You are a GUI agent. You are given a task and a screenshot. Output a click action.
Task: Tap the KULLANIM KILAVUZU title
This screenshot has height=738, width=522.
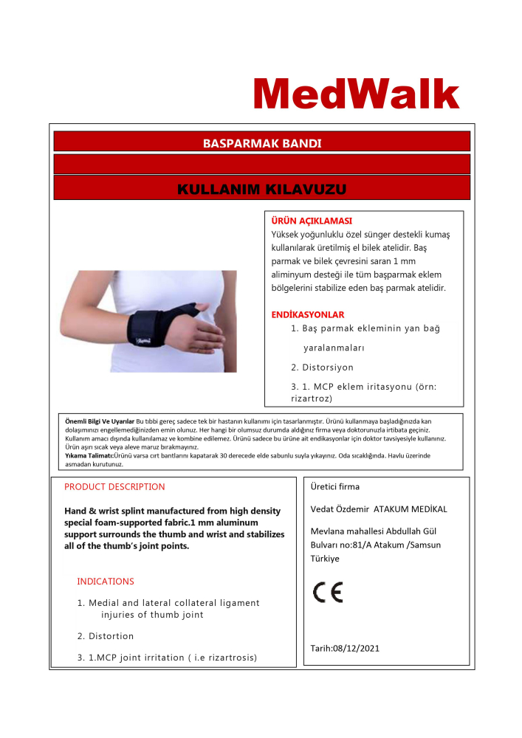point(261,190)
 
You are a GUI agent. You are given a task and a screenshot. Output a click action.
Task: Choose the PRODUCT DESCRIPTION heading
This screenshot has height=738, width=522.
point(114,487)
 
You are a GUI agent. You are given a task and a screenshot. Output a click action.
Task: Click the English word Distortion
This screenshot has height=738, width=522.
point(111,636)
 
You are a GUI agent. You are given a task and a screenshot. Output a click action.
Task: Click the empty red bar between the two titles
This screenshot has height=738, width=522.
point(261,164)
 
